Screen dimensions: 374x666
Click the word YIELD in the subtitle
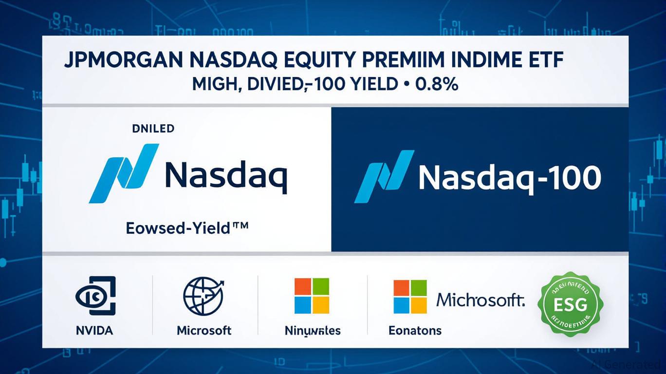[x=375, y=84]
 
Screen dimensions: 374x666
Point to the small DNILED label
[x=153, y=129]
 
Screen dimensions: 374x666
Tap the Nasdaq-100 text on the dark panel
[x=509, y=178]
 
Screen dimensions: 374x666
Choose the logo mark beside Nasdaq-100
[x=384, y=176]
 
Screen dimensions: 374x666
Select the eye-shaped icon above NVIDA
[x=95, y=296]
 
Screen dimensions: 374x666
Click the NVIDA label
[x=94, y=331]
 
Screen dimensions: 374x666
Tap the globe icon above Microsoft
[x=203, y=296]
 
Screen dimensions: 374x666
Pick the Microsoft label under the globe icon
[x=204, y=331]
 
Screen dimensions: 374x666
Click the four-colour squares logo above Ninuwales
[x=312, y=296]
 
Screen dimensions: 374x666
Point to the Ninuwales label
[x=313, y=331]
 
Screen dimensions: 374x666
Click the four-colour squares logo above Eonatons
[x=410, y=296]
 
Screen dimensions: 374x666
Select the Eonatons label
[x=415, y=331]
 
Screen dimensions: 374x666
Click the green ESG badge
[x=571, y=304]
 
